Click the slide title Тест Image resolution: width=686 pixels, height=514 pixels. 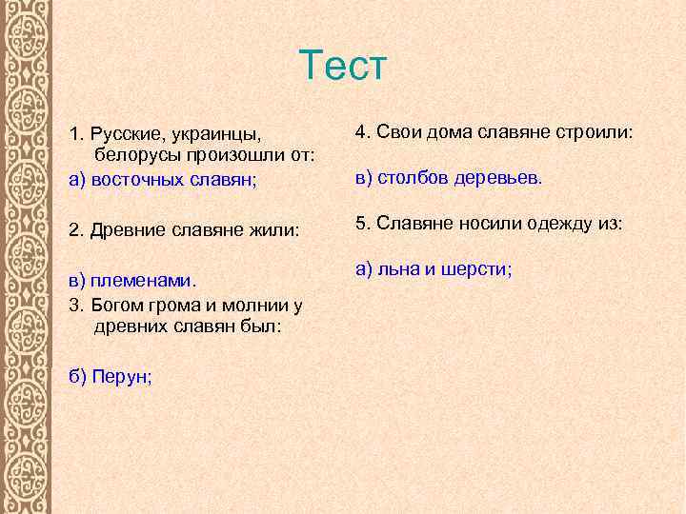point(343,66)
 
